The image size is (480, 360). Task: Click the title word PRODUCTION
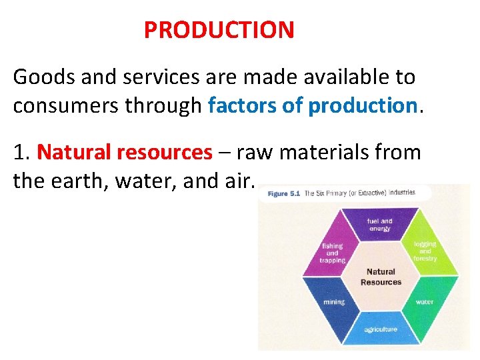coord(219,30)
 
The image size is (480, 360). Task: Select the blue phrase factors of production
coord(312,105)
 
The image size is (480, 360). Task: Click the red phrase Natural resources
coord(125,153)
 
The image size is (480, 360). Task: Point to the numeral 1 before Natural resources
coord(20,153)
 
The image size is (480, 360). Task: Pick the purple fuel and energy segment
coord(380,225)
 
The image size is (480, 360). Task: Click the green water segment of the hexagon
coord(425,301)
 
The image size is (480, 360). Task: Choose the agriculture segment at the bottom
coord(381,329)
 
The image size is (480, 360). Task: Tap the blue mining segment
coord(334,301)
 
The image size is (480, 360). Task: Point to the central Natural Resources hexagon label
coord(381,277)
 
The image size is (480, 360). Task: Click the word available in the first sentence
coord(329,77)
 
